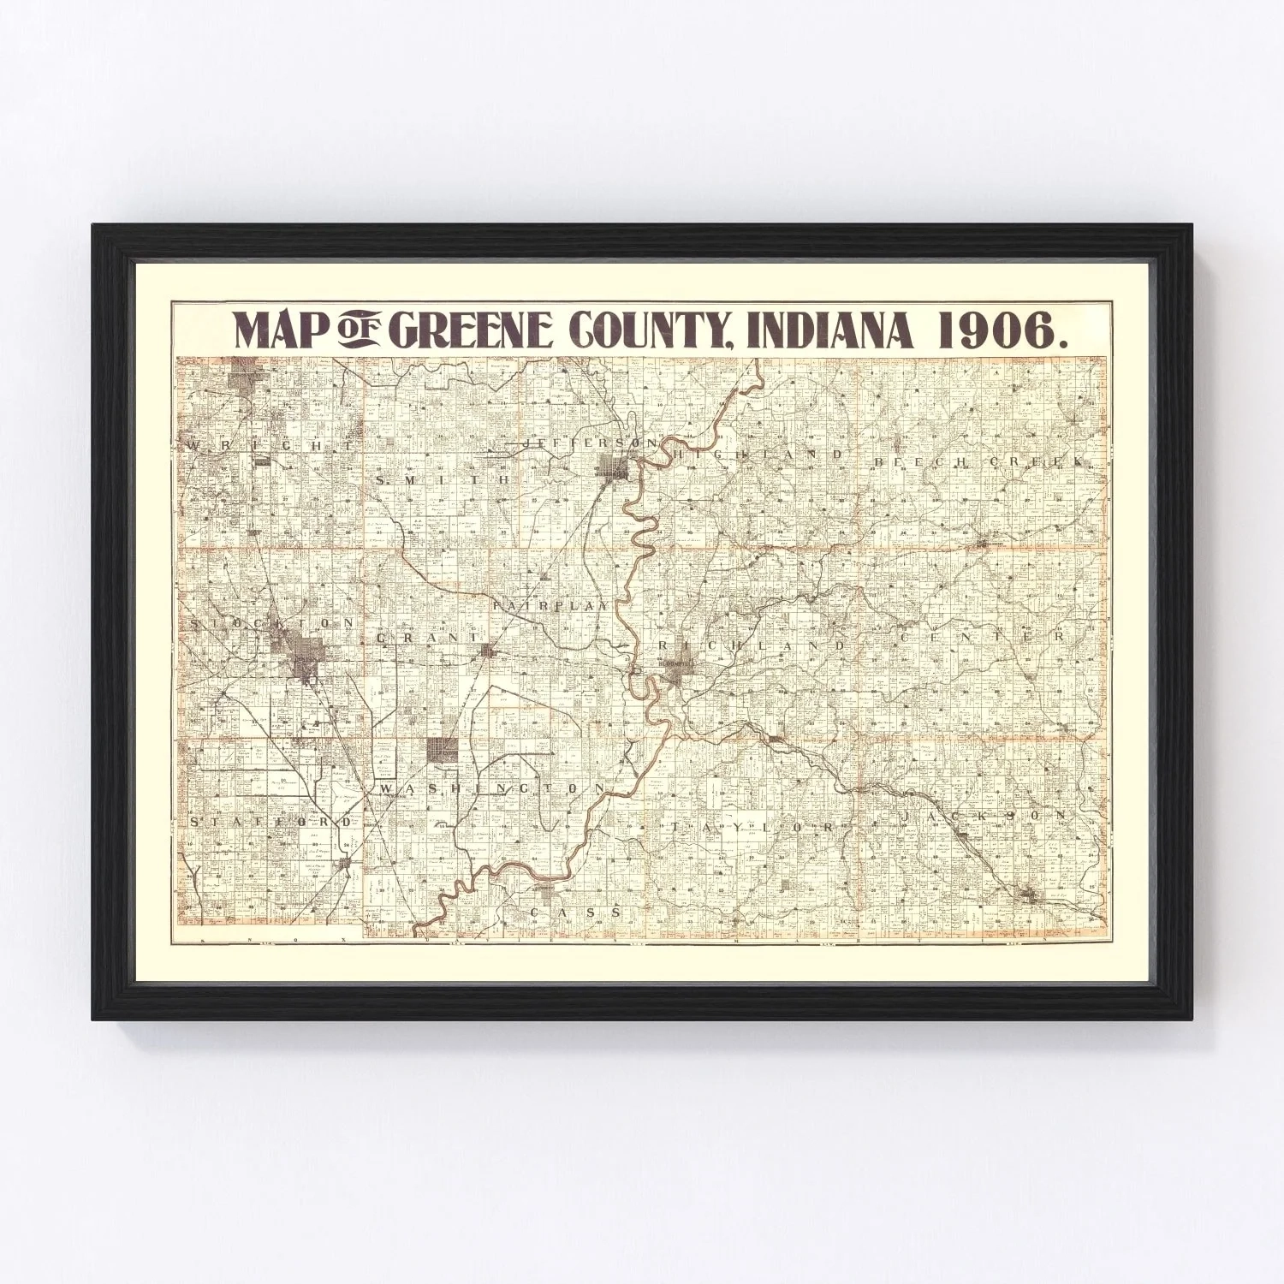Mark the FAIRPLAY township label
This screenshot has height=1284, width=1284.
(551, 604)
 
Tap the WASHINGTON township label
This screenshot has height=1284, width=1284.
(492, 788)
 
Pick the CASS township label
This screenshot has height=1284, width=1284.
(575, 912)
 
